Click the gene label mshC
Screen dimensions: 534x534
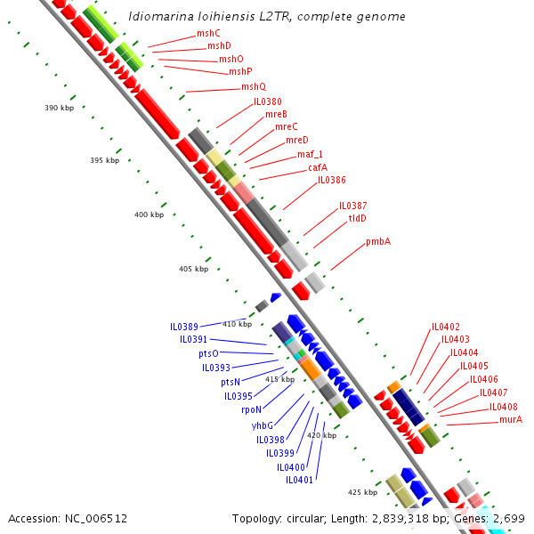coord(208,33)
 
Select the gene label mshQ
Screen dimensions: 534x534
coord(254,86)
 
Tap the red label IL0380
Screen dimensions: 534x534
coord(268,101)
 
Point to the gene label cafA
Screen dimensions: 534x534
coord(318,166)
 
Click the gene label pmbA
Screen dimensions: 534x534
coord(378,241)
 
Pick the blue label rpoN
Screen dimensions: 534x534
coord(251,409)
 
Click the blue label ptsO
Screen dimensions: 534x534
coord(208,353)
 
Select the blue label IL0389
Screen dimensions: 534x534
coord(184,327)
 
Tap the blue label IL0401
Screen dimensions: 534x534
coord(300,480)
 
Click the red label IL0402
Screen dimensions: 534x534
coord(446,327)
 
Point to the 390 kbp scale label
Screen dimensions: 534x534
coord(59,108)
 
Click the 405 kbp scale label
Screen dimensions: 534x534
coord(193,269)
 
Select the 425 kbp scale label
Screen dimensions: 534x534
coord(362,491)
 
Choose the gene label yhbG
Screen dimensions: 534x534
coord(262,425)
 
